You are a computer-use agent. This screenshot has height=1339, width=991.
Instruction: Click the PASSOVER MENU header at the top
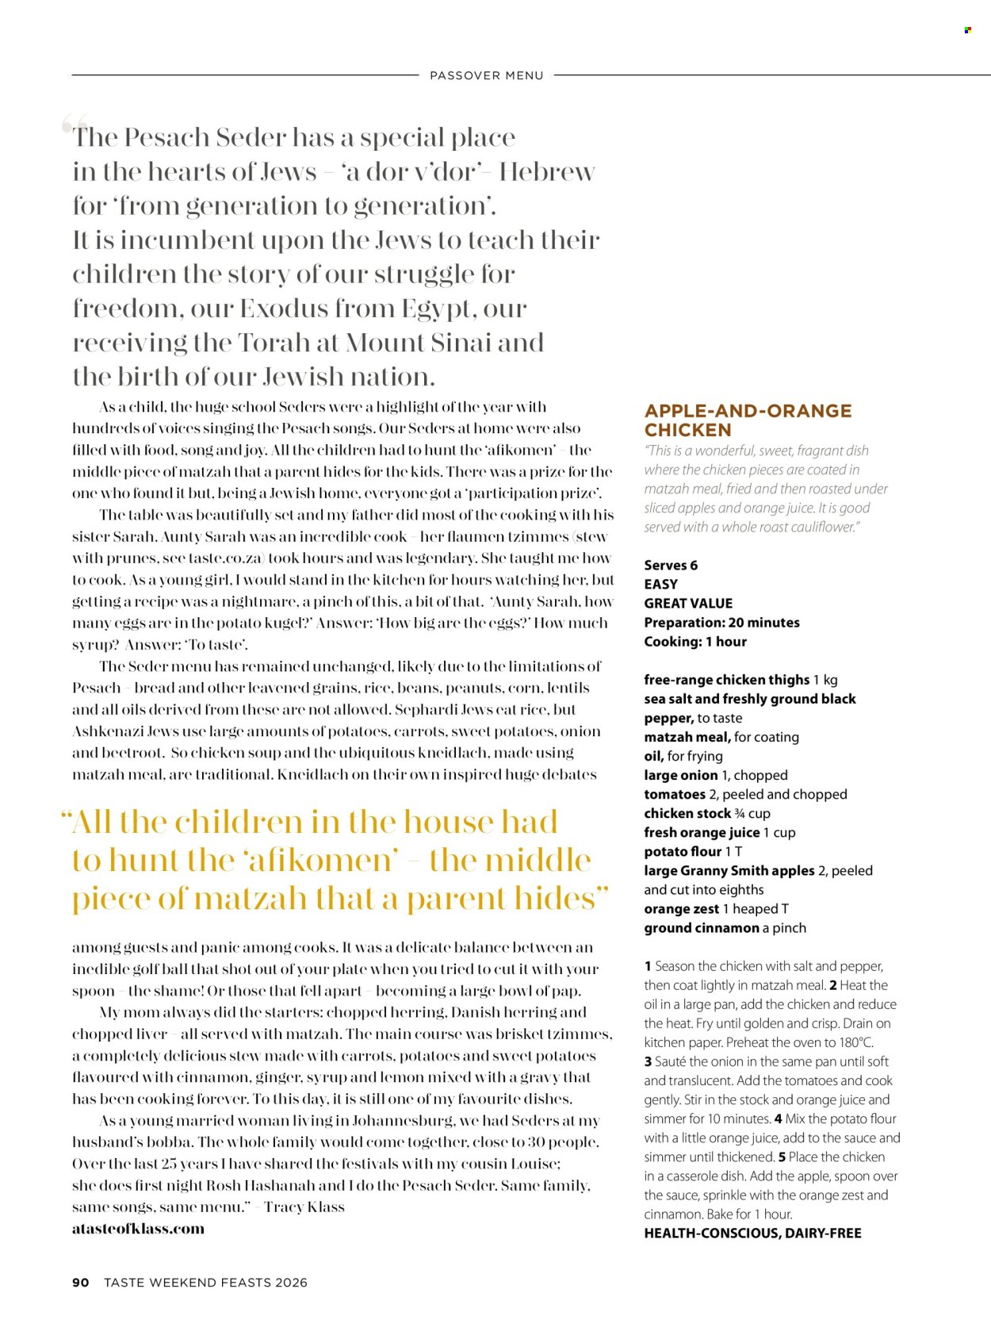(x=486, y=75)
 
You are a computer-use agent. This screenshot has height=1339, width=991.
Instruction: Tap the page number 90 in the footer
(x=80, y=1282)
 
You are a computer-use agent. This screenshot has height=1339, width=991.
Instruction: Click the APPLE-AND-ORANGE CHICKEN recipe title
(x=748, y=420)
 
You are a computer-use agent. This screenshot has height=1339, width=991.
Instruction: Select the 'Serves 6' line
(x=671, y=565)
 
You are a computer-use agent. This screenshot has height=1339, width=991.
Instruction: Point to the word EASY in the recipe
(x=660, y=584)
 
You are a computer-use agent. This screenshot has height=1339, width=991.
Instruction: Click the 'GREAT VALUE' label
(x=688, y=603)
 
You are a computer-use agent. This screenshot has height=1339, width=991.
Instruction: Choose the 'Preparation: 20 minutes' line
(x=721, y=622)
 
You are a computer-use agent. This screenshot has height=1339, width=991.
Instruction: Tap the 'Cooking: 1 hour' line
(x=695, y=641)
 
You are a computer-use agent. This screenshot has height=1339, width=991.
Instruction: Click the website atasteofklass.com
(x=138, y=1228)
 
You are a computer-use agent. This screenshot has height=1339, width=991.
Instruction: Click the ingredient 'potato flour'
(x=683, y=851)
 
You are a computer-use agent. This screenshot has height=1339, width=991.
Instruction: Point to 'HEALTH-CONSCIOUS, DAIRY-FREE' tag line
(x=752, y=1233)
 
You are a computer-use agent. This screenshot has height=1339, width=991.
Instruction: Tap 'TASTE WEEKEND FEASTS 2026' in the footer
(x=205, y=1282)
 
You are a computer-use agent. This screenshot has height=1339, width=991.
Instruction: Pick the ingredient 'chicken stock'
(x=687, y=813)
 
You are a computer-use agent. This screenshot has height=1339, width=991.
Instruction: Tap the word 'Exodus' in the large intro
(x=284, y=308)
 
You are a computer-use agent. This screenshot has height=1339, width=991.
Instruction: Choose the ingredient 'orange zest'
(x=681, y=908)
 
